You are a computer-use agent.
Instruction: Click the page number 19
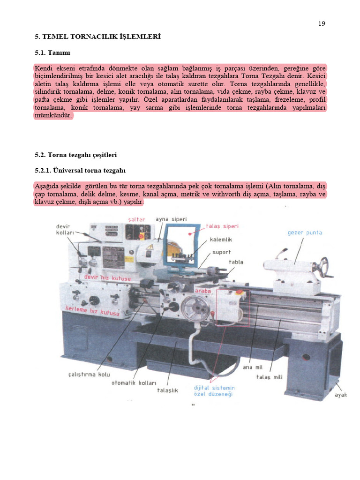pos(322,24)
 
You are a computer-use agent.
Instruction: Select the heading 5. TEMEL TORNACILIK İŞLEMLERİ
pos(98,36)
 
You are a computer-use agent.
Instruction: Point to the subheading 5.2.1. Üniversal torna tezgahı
pos(80,170)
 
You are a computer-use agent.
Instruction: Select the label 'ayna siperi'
pos(172,219)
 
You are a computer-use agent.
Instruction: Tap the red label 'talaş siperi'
pos(222,226)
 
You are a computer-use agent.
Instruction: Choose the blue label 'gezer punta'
pos(305,232)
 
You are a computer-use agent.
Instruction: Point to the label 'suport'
pos(221,252)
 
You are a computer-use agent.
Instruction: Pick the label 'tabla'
pos(236,262)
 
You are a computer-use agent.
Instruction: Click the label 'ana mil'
pos(252,367)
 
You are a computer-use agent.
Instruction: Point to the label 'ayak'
pos(340,395)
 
